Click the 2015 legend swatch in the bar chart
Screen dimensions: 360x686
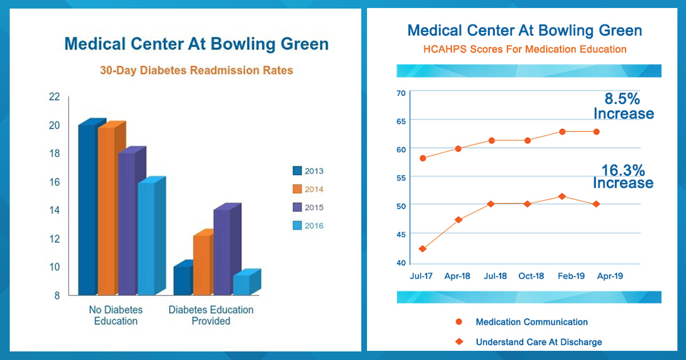point(297,207)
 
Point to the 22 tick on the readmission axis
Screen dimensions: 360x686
point(54,97)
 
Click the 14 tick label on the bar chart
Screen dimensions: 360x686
point(54,210)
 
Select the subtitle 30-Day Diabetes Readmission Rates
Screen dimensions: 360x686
point(196,71)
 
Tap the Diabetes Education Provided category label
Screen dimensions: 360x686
point(211,315)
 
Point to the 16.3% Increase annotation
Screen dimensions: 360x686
point(623,176)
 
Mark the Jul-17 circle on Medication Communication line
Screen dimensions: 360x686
point(422,158)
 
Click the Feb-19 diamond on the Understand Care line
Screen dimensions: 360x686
point(562,197)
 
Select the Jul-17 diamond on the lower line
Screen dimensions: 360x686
point(422,249)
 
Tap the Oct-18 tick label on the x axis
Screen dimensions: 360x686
point(531,276)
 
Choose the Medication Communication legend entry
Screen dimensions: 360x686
point(532,322)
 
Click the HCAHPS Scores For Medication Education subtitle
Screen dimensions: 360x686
point(525,49)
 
